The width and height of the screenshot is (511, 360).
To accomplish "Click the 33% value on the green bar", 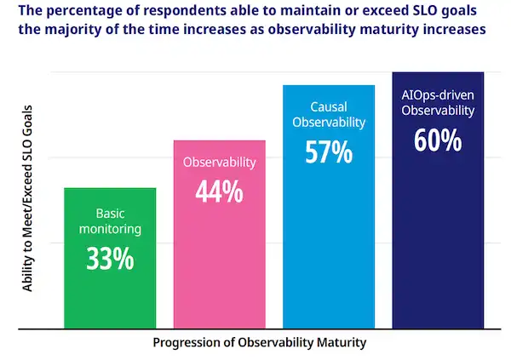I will click(110, 258).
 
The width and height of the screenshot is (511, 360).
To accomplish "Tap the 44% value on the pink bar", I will click(219, 191).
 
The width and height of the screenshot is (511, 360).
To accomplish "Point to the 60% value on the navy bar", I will click(438, 139).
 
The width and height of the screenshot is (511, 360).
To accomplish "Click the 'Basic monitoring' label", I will click(110, 221).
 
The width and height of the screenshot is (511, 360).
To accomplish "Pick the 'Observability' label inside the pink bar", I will click(219, 161).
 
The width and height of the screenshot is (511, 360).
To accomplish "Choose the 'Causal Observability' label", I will click(328, 115).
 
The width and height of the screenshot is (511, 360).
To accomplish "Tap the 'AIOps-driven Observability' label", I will click(438, 103).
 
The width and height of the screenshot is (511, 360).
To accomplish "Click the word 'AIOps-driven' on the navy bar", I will click(438, 95).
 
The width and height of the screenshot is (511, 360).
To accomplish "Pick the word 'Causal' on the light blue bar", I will click(328, 107).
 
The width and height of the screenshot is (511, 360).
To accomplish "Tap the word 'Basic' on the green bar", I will click(110, 214).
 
